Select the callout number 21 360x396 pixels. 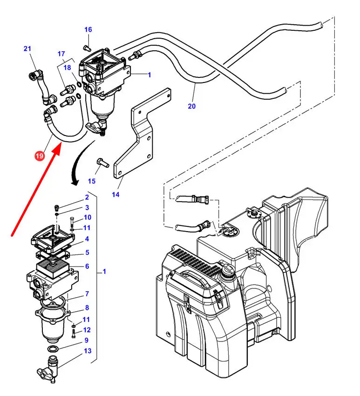(27, 48)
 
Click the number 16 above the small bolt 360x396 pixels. (88, 30)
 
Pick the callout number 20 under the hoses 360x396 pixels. (191, 106)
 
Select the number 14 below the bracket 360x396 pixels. (115, 194)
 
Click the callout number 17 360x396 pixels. (61, 54)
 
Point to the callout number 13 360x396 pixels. (88, 350)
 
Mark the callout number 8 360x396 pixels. (87, 307)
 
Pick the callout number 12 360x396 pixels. (88, 330)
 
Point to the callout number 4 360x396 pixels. (87, 239)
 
